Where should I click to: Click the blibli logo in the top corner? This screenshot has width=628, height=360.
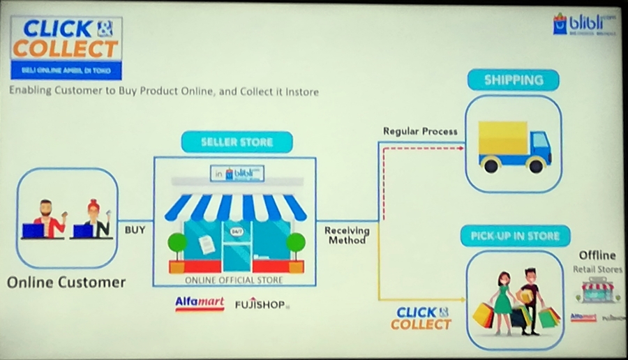pyautogui.click(x=584, y=23)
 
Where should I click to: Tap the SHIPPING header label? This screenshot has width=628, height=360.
pyautogui.click(x=513, y=80)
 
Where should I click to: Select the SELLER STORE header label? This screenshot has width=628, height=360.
pyautogui.click(x=237, y=142)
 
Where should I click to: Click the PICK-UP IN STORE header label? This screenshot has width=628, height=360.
pyautogui.click(x=515, y=236)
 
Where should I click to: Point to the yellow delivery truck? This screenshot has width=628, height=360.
pyautogui.click(x=514, y=147)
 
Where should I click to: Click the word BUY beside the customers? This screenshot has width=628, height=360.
pyautogui.click(x=135, y=229)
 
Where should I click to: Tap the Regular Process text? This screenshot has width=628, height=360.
pyautogui.click(x=420, y=131)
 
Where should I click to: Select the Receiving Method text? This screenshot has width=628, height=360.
pyautogui.click(x=347, y=235)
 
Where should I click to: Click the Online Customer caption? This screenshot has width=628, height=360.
pyautogui.click(x=66, y=283)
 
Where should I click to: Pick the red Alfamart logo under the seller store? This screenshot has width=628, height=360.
pyautogui.click(x=199, y=303)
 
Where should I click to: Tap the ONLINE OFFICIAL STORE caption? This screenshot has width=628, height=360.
pyautogui.click(x=234, y=280)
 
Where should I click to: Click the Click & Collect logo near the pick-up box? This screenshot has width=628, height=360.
pyautogui.click(x=421, y=318)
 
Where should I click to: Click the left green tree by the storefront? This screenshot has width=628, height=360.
pyautogui.click(x=178, y=245)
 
